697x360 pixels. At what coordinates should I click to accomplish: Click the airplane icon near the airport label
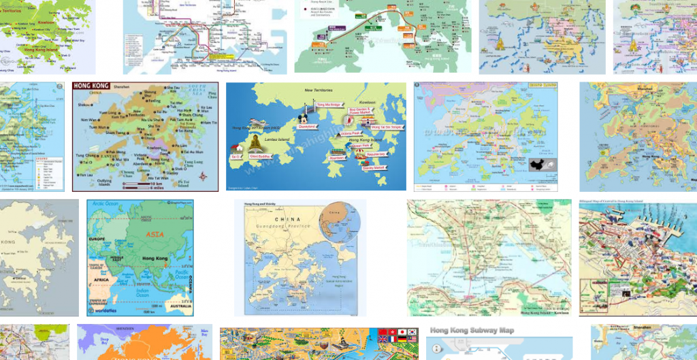click(255, 123)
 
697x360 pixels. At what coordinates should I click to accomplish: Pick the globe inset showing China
click(342, 221)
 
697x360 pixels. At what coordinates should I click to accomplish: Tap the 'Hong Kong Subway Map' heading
click(473, 331)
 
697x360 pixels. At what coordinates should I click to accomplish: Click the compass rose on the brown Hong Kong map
click(203, 177)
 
